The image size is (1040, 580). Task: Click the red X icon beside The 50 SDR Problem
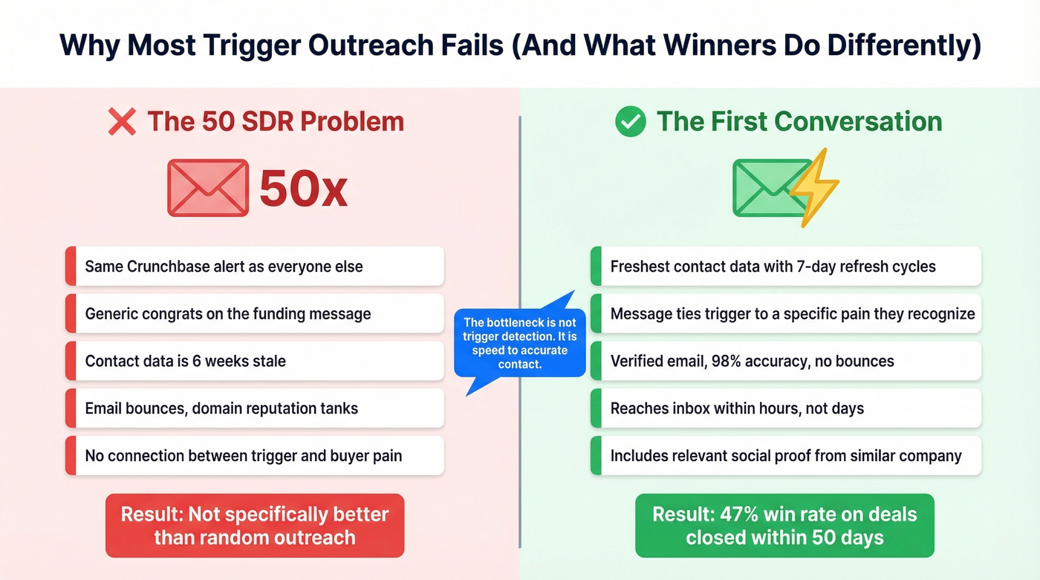click(122, 122)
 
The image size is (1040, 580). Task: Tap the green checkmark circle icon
click(631, 122)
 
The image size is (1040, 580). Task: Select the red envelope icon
click(207, 188)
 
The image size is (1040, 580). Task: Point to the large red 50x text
click(303, 189)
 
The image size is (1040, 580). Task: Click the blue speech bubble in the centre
click(520, 342)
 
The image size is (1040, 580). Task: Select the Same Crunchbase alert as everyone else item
click(255, 266)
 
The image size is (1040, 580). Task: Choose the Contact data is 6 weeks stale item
click(255, 361)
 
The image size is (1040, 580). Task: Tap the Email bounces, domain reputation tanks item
click(255, 408)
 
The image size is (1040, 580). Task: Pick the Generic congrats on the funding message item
click(255, 313)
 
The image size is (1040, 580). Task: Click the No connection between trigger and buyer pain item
click(255, 455)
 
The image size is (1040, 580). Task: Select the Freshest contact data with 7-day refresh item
click(785, 266)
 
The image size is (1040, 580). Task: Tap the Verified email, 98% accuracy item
click(785, 361)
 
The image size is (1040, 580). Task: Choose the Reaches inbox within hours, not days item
click(785, 408)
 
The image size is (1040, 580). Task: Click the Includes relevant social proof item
click(785, 455)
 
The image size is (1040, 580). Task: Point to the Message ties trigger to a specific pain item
click(785, 313)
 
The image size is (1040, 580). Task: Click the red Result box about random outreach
click(255, 525)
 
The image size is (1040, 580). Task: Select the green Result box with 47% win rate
click(784, 525)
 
